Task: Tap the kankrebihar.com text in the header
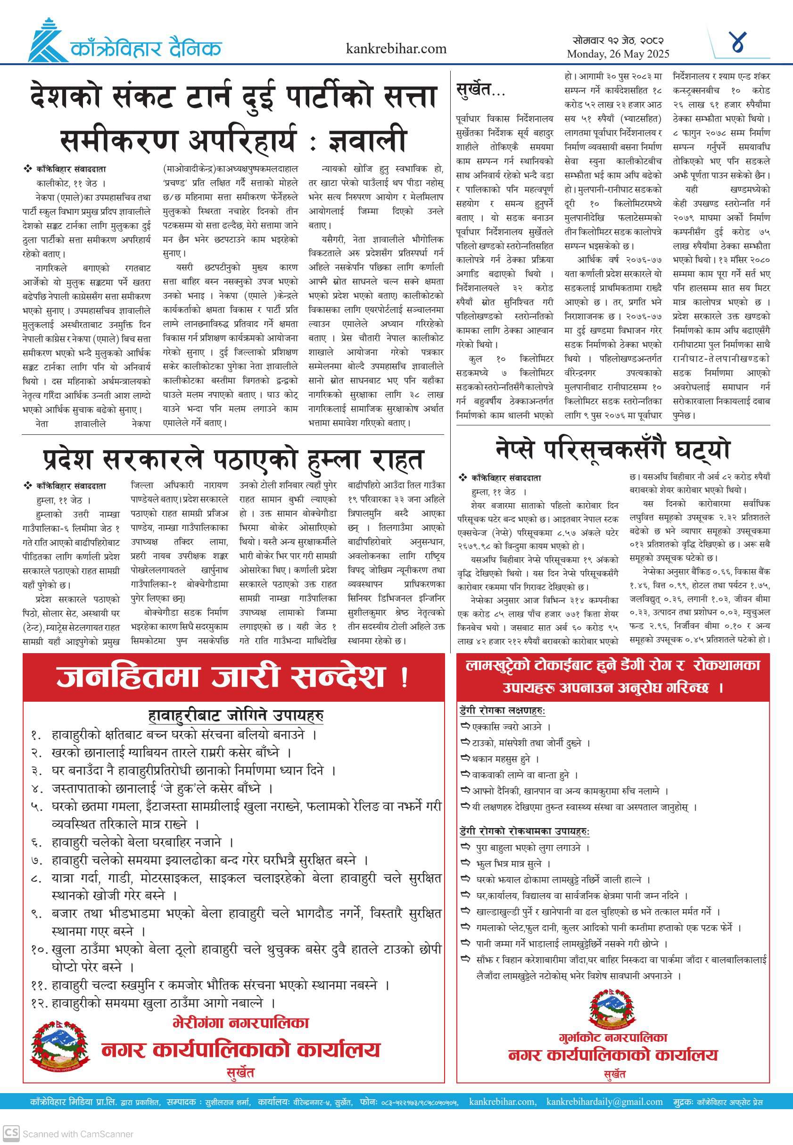(396, 49)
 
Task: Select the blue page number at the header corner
(739, 43)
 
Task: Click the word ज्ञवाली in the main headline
(368, 140)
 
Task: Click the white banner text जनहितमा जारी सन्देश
(232, 677)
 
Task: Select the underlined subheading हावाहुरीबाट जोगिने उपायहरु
(236, 716)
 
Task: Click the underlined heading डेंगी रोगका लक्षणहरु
(502, 711)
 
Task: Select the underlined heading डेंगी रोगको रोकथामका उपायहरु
(524, 831)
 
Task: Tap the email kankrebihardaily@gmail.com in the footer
(604, 1102)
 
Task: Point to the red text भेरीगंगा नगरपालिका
(240, 1022)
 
